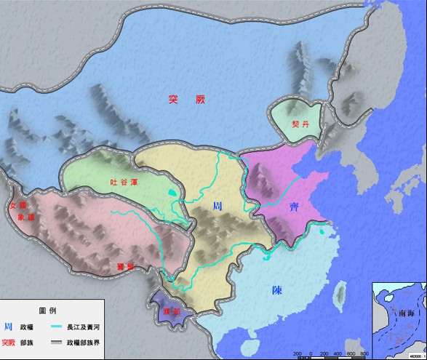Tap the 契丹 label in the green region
292,124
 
